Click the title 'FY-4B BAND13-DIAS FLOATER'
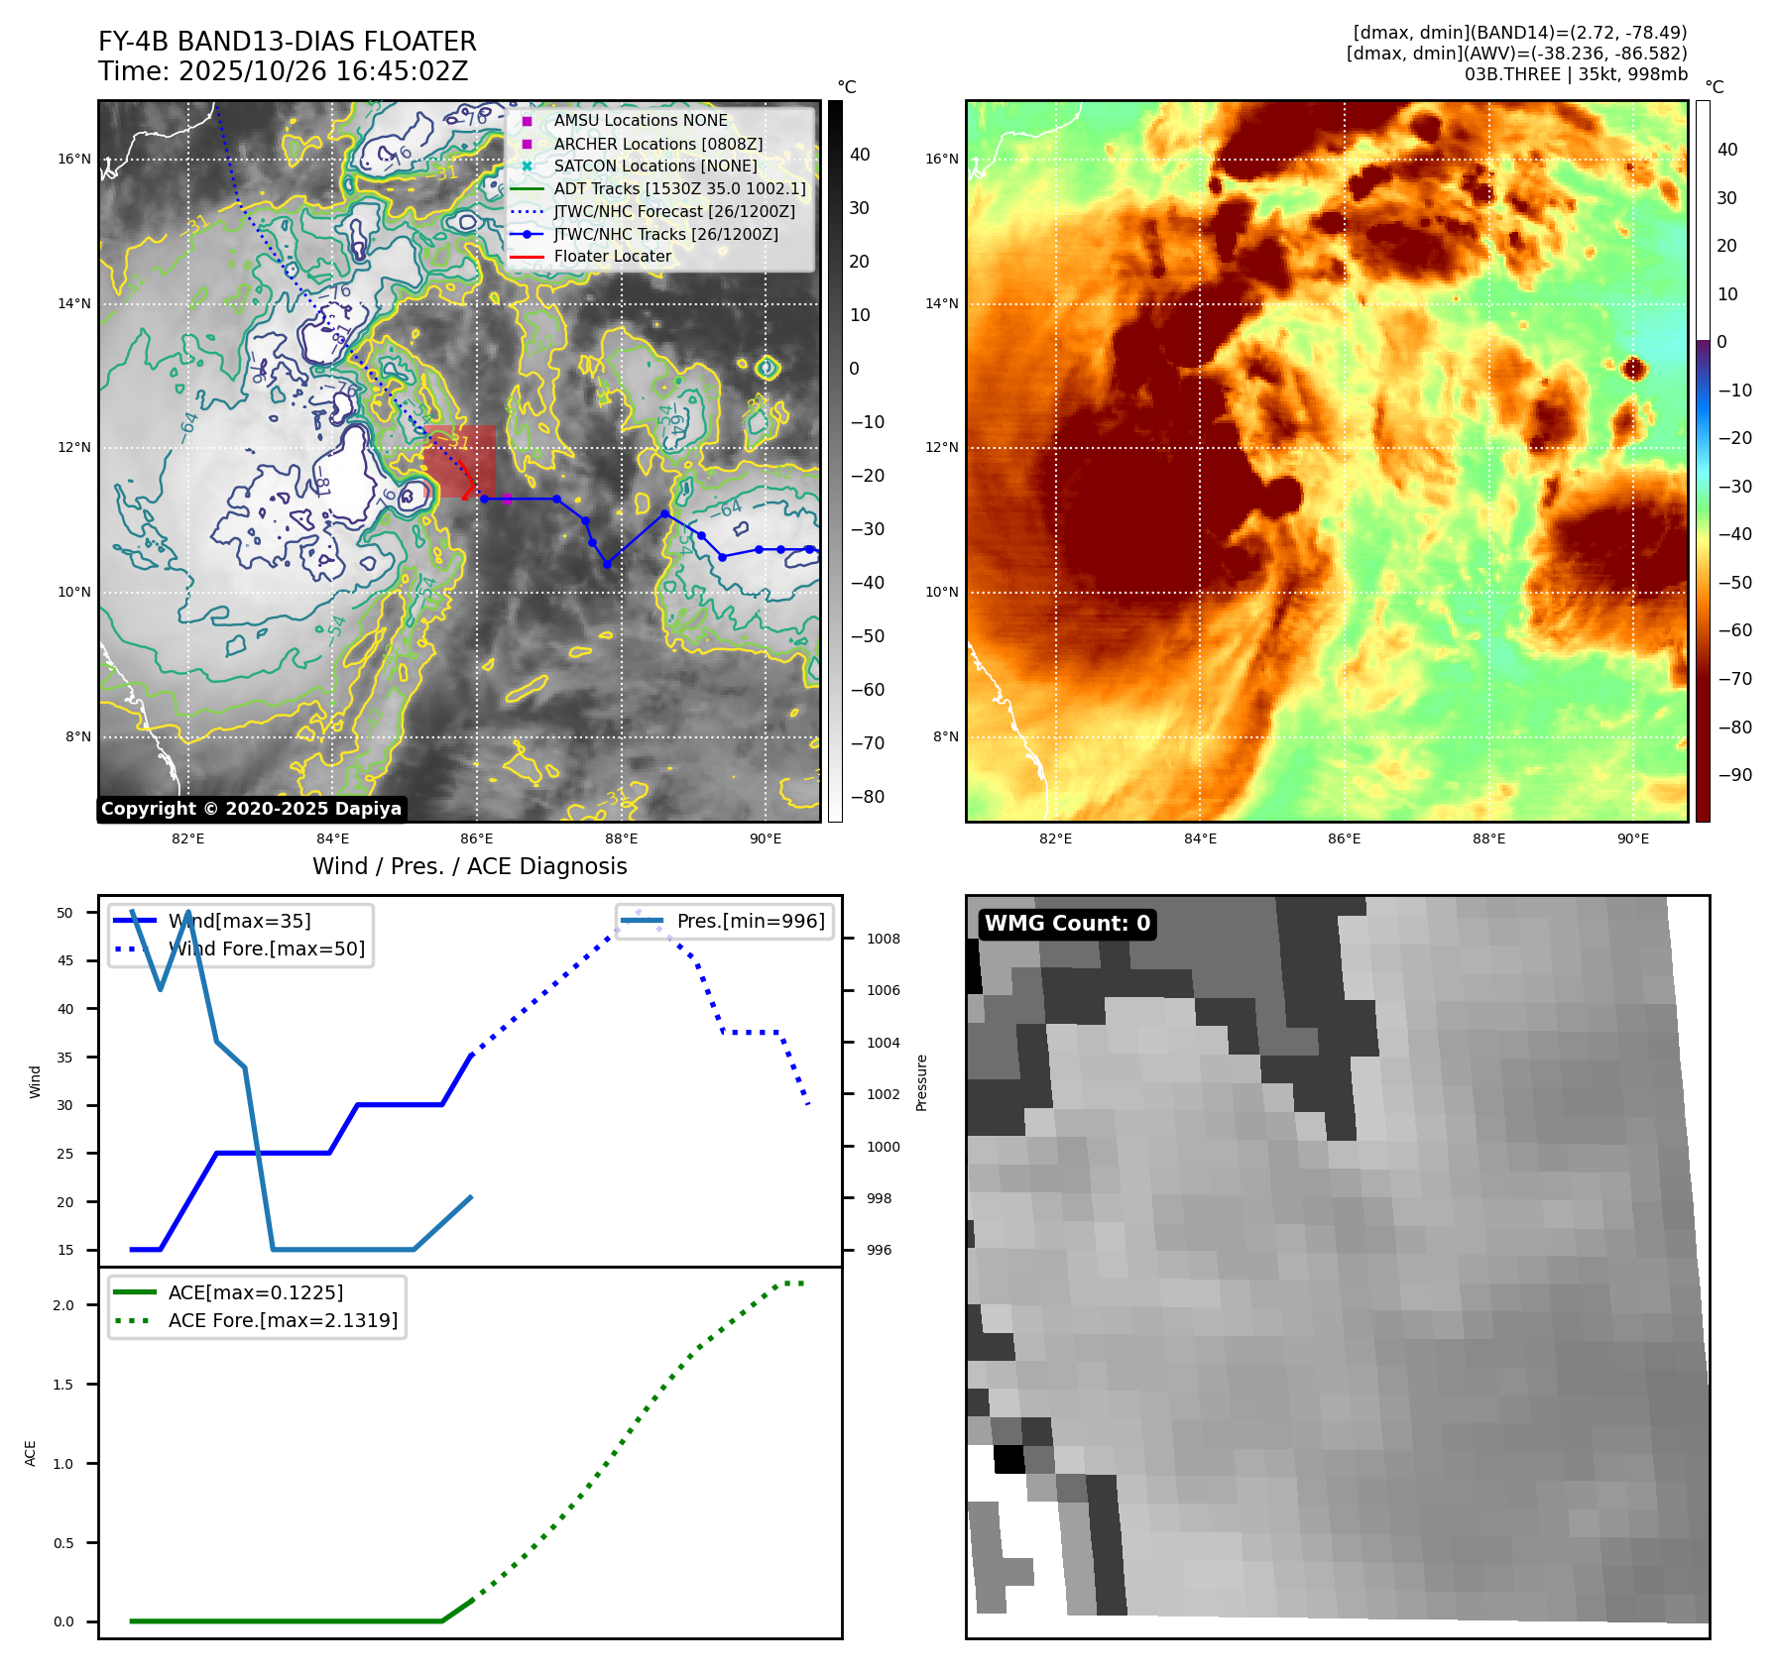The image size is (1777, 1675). click(x=287, y=42)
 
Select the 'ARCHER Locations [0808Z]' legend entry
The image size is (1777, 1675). click(x=657, y=144)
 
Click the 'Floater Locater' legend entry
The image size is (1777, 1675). click(x=612, y=257)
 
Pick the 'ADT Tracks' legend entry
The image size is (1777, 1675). click(x=679, y=188)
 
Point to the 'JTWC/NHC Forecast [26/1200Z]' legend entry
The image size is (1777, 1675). click(x=674, y=211)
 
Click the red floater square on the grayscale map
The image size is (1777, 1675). click(x=460, y=461)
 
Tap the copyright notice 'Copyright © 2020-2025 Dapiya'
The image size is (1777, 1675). click(x=251, y=809)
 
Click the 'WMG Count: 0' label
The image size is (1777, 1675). click(x=1067, y=924)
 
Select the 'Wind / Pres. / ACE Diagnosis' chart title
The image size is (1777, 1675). click(x=469, y=866)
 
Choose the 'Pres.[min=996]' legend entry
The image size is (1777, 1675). click(x=750, y=921)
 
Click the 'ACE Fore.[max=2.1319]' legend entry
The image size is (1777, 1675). click(x=283, y=1320)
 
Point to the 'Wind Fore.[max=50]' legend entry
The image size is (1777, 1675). click(x=266, y=949)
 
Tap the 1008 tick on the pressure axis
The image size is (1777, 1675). click(x=883, y=939)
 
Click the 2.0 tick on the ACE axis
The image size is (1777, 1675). click(x=63, y=1305)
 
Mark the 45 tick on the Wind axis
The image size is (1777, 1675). click(x=65, y=960)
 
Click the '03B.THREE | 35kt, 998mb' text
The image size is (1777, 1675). click(x=1575, y=74)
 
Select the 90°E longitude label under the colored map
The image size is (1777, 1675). click(x=1632, y=838)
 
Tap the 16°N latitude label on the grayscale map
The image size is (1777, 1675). click(x=73, y=159)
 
